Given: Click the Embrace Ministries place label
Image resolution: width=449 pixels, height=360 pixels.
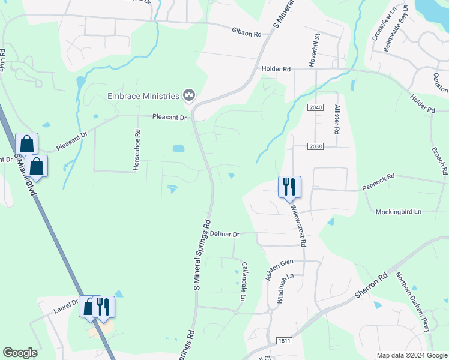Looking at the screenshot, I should point(143,96).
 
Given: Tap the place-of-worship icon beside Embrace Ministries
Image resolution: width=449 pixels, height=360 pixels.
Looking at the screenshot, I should point(189,95).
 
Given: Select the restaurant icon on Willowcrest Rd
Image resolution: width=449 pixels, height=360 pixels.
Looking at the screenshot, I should point(289,187).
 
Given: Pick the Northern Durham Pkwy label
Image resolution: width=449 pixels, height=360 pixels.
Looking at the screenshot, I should point(414,302).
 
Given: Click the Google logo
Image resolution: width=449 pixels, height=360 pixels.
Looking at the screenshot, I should point(20,353).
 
